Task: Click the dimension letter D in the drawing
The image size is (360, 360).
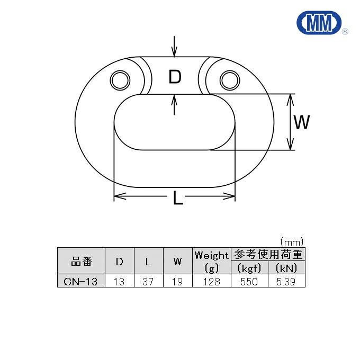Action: click(175, 77)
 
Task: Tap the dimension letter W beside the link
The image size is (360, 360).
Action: click(301, 122)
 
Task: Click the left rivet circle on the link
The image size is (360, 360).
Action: click(120, 80)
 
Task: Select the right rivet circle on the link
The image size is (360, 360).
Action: click(229, 80)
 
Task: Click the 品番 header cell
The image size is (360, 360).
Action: click(81, 261)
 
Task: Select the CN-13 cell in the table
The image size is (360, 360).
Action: click(81, 282)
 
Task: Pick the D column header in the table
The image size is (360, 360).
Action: click(120, 261)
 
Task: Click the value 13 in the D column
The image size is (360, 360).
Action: click(120, 282)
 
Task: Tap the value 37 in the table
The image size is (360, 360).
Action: click(148, 282)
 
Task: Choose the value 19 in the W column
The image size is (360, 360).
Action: click(177, 282)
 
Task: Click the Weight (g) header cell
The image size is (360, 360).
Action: click(212, 261)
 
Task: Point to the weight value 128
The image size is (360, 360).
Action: click(212, 282)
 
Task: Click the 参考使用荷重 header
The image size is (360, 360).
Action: click(268, 254)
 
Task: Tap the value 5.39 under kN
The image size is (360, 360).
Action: click(287, 282)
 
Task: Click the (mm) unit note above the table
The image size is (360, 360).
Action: click(292, 241)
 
